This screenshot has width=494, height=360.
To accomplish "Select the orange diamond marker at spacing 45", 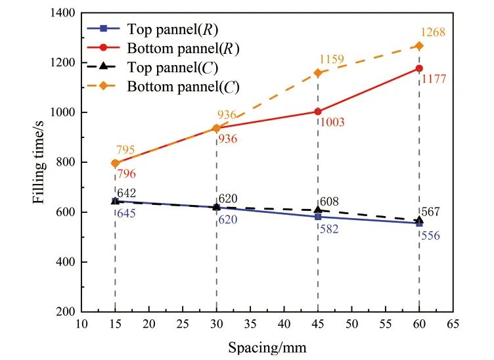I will point(318,73).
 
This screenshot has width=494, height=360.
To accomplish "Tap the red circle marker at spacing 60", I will point(419,68).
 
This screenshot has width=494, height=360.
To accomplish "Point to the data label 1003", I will point(332,122).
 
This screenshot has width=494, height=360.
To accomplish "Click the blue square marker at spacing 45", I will point(318,217).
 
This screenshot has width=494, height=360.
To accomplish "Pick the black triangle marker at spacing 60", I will point(419,220).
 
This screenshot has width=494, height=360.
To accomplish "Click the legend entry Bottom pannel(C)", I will point(183,86).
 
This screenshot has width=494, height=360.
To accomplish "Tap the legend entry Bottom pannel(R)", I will point(183,48).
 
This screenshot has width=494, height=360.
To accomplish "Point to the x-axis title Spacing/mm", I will point(267,346).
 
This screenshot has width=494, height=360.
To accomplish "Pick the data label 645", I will point(127,214).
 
